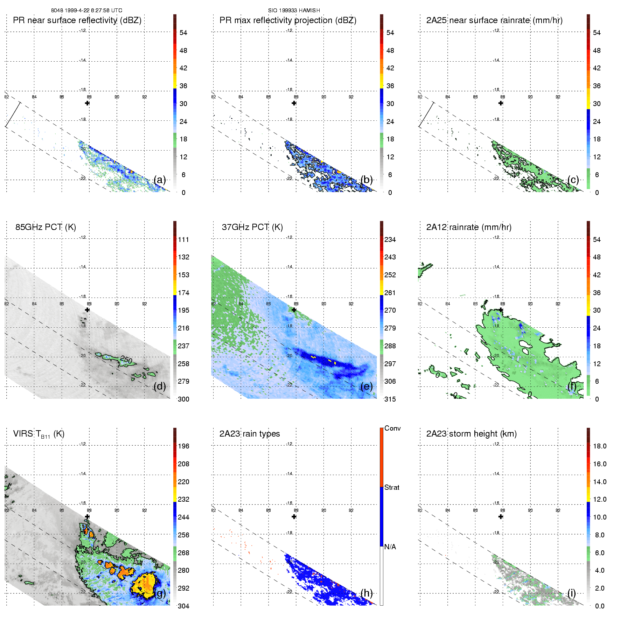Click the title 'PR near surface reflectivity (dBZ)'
point(77,20)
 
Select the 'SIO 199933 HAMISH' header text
point(294,11)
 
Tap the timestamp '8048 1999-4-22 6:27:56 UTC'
point(86,11)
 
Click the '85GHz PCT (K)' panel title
point(46,227)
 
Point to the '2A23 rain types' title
point(249,434)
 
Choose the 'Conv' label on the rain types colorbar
point(392,429)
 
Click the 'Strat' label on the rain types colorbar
point(392,488)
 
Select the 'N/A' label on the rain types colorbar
point(390,547)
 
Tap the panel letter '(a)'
point(160,180)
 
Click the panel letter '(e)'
point(366,386)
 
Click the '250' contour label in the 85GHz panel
point(126,360)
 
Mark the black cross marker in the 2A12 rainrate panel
point(501,310)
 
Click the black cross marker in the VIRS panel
point(87,516)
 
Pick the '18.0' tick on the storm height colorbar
point(599,446)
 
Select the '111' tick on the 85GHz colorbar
point(183,240)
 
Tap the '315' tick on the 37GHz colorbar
point(390,399)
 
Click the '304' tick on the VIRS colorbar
point(183,606)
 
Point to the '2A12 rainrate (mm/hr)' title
point(468,227)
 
